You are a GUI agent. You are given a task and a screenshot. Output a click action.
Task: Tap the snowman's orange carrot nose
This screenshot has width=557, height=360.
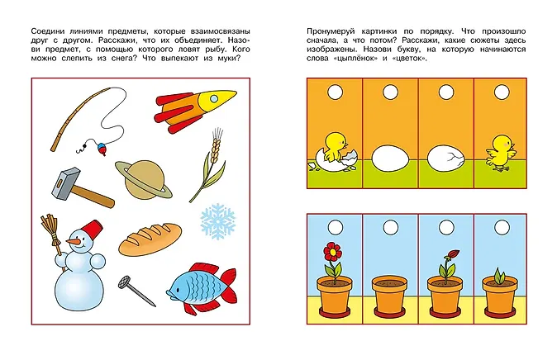coord(74,242)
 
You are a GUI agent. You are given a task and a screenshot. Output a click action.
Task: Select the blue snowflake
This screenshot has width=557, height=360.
coord(217,221)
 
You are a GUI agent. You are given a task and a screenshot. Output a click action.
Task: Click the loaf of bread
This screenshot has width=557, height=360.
coord(150,239)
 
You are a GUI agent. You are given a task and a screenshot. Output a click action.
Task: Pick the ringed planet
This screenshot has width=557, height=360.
coord(144,180)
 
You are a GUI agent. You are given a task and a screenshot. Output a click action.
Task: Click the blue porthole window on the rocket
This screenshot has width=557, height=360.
coord(214,98)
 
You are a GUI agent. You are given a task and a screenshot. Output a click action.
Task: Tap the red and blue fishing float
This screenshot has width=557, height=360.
coord(102,149)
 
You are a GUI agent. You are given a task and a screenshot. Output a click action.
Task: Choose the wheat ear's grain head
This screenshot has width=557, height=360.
coord(215,149)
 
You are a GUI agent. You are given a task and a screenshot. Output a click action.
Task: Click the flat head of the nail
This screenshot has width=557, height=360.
coord(124,282)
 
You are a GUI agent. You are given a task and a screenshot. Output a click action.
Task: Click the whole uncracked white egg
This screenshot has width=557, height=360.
coord(390,159)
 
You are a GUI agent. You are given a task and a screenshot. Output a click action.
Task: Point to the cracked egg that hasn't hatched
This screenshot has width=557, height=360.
coord(446,159)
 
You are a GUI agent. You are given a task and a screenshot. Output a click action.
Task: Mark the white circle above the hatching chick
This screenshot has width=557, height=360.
coord(335,92)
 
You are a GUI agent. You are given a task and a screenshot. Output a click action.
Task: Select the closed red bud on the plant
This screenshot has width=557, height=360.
coord(454,254)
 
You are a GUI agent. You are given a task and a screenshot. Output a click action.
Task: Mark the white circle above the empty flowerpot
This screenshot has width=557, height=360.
coord(391,228)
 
